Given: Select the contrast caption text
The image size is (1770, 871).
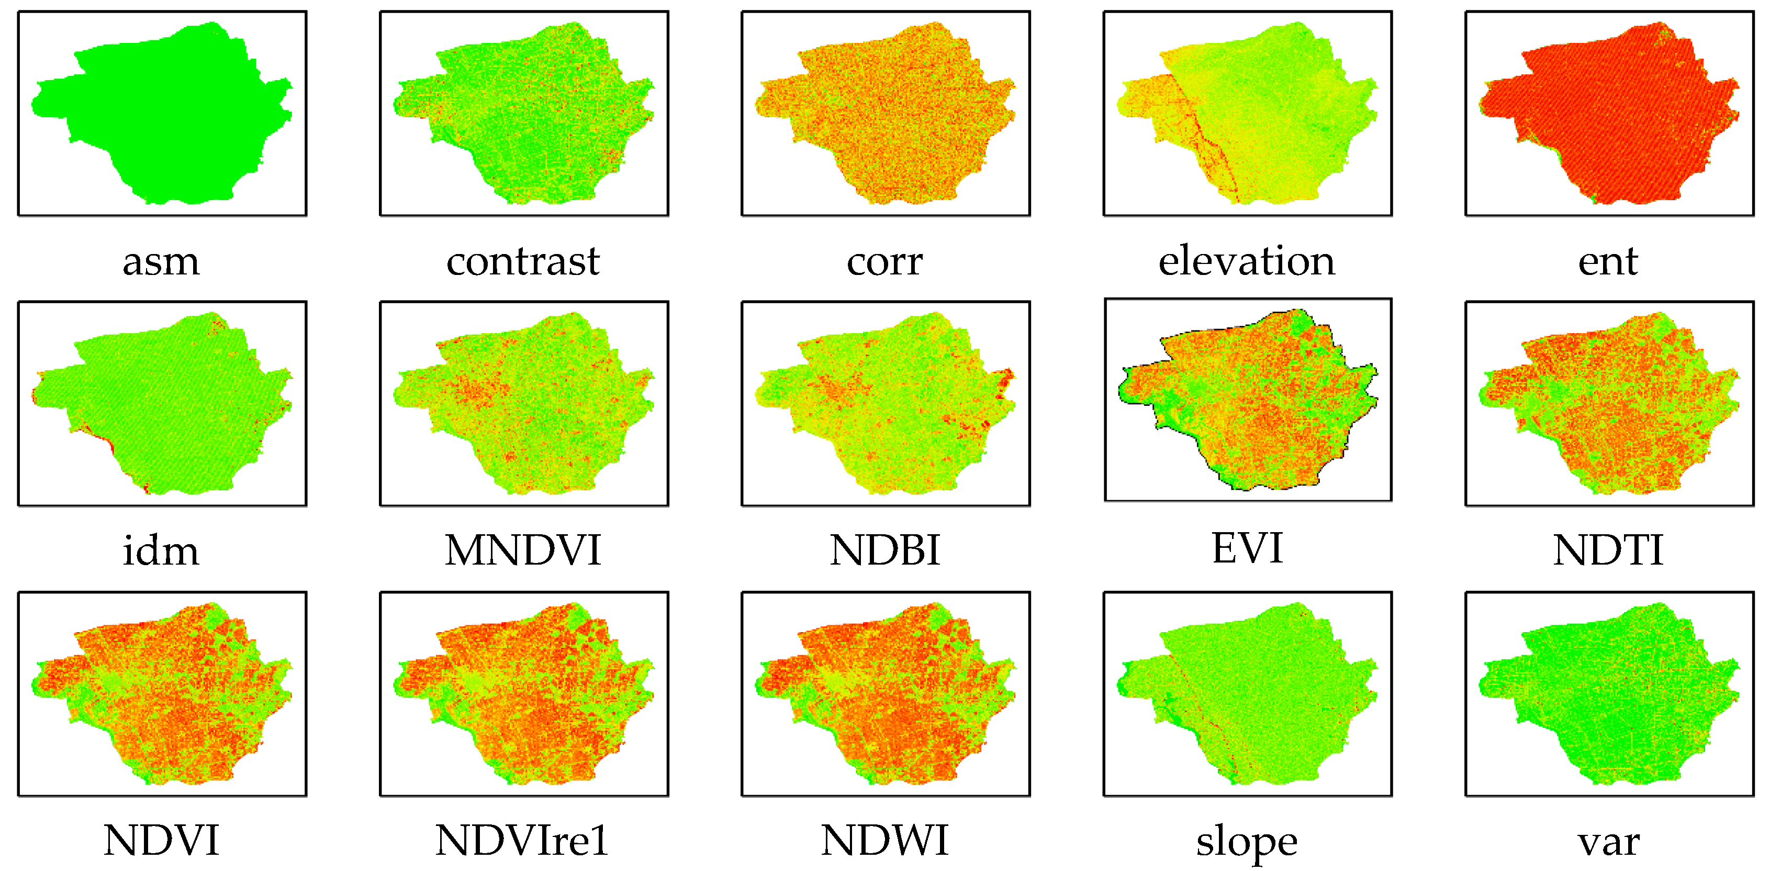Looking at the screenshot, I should coord(523,262).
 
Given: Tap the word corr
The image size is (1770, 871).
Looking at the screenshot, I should coord(884,262).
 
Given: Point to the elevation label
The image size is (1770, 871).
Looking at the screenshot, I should coord(1247,262).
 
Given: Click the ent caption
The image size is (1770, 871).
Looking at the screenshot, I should coord(1608,262).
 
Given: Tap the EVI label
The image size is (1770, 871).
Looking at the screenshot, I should coord(1247,548).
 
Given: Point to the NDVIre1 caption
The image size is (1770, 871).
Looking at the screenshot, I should coord(523,841).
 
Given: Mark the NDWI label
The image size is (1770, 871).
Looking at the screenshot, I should coord(884,841).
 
